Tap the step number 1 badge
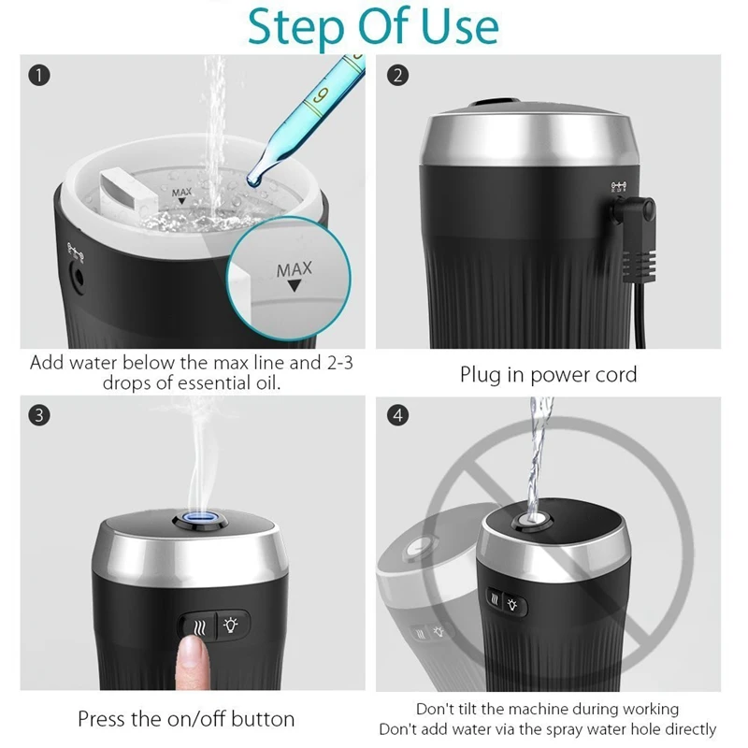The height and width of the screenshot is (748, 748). [39, 76]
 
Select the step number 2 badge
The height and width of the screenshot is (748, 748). [398, 76]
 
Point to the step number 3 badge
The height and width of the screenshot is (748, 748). [39, 415]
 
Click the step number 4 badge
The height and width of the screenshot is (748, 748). [398, 415]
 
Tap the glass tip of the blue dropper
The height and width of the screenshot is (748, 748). [253, 180]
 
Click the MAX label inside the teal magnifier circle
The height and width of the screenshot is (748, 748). [295, 270]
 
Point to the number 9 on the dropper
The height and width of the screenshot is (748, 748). [321, 94]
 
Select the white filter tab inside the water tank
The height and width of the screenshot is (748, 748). [128, 191]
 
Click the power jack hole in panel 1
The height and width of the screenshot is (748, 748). [78, 277]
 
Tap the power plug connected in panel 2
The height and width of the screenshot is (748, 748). [636, 238]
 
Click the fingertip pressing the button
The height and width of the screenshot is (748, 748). [193, 653]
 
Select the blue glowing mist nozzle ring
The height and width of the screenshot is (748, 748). [200, 519]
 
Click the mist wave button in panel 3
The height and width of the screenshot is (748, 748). [198, 627]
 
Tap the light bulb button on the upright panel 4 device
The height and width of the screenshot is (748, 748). [512, 605]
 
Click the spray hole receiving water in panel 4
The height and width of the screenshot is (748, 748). [532, 519]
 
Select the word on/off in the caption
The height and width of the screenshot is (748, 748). [200, 719]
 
